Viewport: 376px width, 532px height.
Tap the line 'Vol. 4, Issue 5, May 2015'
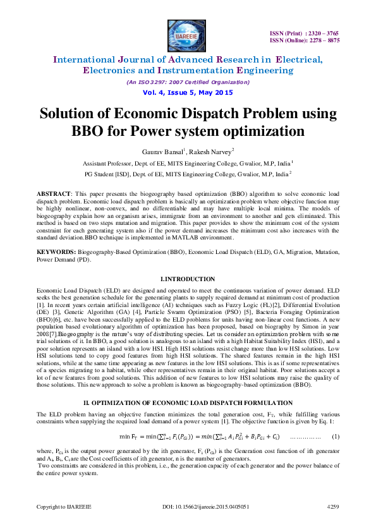[x=188, y=93]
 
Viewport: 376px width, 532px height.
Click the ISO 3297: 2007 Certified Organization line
[x=188, y=83]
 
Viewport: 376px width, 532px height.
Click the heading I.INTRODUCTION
[x=188, y=279]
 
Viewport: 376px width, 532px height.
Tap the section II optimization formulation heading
[x=188, y=402]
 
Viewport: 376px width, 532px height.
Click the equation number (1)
[x=336, y=437]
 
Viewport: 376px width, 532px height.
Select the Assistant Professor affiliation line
[x=188, y=163]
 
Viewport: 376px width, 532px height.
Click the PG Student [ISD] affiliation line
[x=188, y=173]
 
